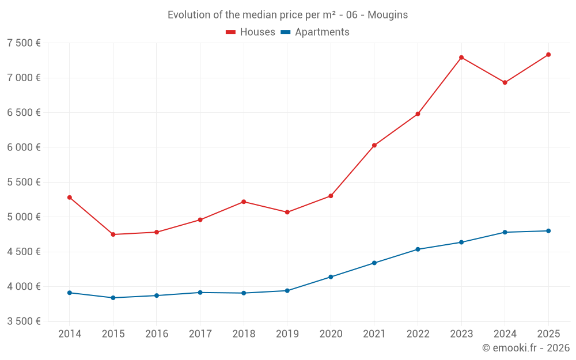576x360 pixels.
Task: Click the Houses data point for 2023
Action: click(461, 58)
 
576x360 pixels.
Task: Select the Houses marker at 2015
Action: click(113, 234)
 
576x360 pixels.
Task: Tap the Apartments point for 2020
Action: click(331, 277)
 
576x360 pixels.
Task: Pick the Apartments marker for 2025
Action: click(548, 231)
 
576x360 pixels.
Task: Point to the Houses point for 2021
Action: click(374, 145)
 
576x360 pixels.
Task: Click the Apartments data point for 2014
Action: click(70, 293)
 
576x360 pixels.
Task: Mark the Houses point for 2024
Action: click(505, 82)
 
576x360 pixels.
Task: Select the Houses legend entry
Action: click(251, 32)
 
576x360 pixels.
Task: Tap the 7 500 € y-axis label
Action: click(24, 43)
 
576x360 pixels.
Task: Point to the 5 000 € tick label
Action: click(24, 217)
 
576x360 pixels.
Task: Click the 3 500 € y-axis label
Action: click(24, 321)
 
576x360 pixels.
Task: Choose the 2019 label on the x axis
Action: click(287, 334)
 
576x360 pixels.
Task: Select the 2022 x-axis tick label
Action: click(418, 334)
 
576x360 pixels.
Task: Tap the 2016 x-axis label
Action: click(157, 334)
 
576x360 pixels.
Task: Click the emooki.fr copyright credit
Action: click(526, 348)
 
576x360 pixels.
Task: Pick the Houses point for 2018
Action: click(244, 202)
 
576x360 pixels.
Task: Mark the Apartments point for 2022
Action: click(418, 249)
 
